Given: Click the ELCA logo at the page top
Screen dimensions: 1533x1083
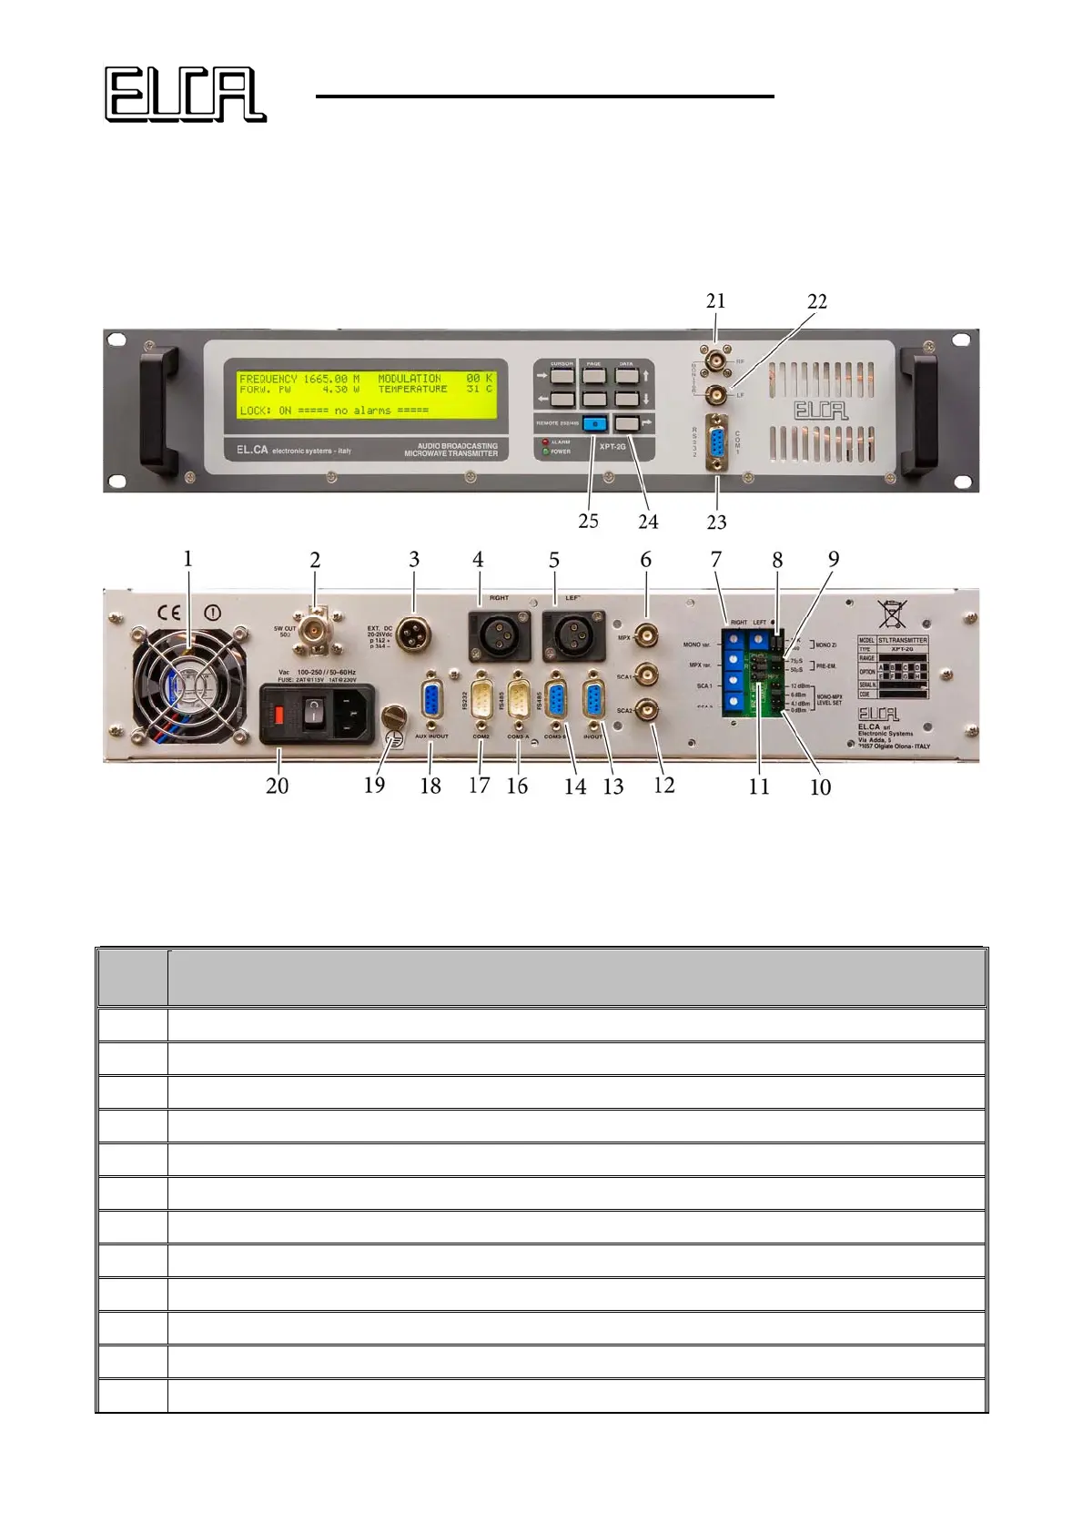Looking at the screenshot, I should [x=185, y=95].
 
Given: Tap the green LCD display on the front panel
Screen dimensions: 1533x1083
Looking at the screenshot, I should [x=367, y=394].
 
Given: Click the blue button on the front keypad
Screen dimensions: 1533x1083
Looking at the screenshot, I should [x=594, y=423].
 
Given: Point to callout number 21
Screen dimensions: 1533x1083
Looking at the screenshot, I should [x=715, y=301].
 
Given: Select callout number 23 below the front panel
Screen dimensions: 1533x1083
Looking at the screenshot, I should [x=717, y=522].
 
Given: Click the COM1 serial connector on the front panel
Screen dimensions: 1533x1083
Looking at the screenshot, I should [x=717, y=444].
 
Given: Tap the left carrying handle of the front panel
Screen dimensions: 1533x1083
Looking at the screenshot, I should [x=157, y=410].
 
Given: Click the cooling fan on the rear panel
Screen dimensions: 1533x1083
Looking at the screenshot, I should [x=190, y=678].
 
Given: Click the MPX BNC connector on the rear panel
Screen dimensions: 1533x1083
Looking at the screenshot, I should [x=647, y=635].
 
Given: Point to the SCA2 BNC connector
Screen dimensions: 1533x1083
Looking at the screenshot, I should [x=647, y=709].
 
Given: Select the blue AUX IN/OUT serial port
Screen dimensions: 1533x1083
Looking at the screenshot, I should [x=431, y=701].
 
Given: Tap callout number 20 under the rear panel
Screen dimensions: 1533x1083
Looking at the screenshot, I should [x=277, y=786].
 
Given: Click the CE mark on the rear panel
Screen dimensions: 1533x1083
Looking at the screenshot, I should [x=170, y=613].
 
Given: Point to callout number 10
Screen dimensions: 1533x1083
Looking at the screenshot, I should [x=820, y=787].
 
